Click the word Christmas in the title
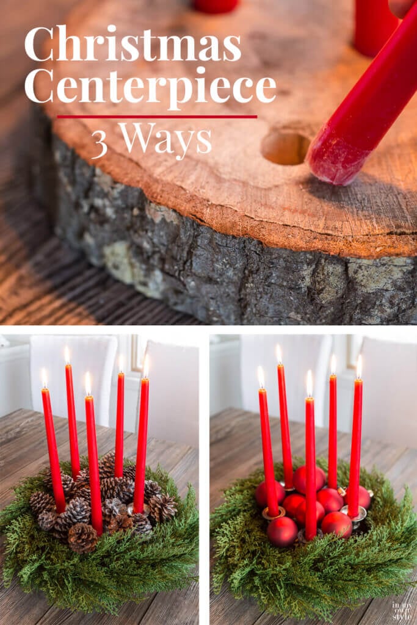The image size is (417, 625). [132, 43]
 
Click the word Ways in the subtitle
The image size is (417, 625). [165, 139]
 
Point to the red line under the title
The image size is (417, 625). [157, 117]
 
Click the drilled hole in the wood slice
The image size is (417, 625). [286, 148]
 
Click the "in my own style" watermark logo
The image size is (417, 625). [402, 610]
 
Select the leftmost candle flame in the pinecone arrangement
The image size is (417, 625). [44, 378]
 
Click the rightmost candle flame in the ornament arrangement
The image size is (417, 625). [359, 367]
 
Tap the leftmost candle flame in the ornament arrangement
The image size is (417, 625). [261, 377]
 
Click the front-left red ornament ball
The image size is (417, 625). [282, 532]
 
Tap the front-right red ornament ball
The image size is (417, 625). [337, 524]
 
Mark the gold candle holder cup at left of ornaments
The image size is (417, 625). [274, 513]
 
